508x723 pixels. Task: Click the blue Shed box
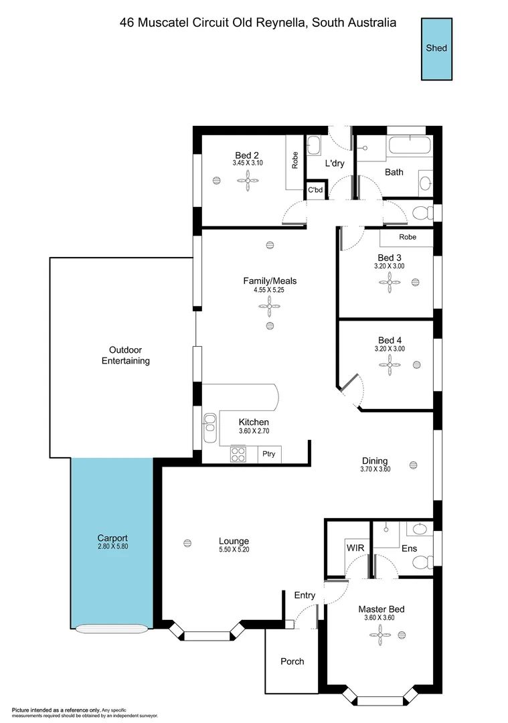point(436,48)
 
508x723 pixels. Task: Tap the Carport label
point(112,538)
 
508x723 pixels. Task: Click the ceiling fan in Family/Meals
point(270,308)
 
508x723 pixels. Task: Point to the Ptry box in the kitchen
point(270,454)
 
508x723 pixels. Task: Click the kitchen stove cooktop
point(239,454)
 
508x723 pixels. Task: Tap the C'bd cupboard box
point(315,189)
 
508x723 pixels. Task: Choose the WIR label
point(355,547)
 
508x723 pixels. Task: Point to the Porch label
point(292,661)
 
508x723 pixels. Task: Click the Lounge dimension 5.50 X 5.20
point(234,550)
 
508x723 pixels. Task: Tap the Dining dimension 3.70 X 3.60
point(375,470)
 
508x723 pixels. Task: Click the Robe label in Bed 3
point(407,237)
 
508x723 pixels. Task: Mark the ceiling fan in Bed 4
point(390,364)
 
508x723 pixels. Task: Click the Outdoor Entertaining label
point(125,355)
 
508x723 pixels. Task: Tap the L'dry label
point(335,163)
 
